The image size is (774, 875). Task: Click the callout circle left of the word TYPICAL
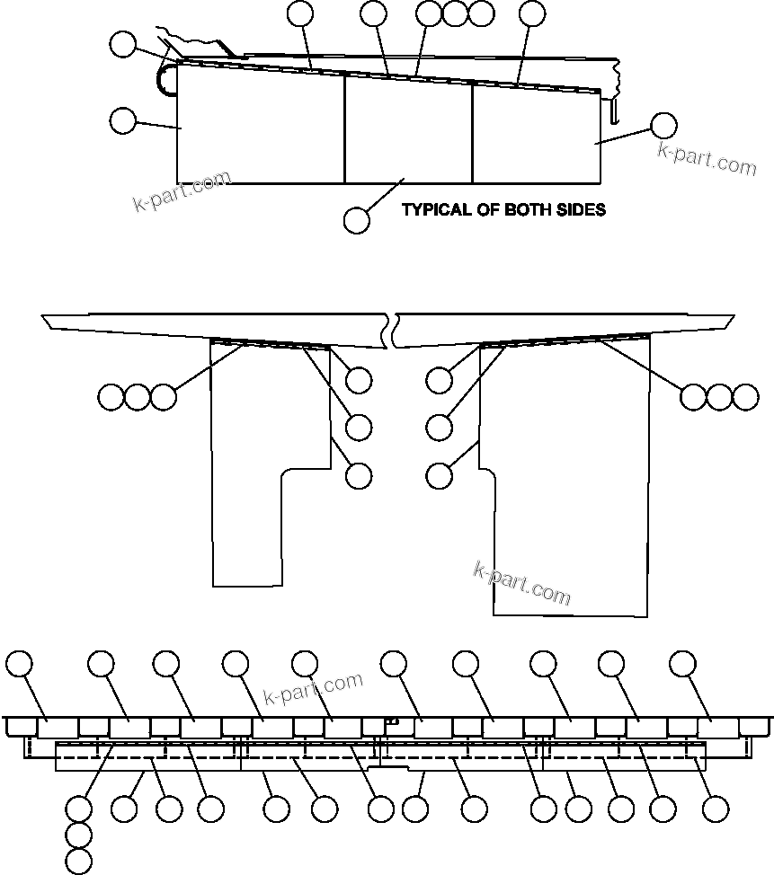(x=357, y=220)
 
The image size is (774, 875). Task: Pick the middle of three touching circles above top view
(x=456, y=13)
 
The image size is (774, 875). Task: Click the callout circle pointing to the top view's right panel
(x=663, y=126)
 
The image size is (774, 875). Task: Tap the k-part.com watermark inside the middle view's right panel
(x=521, y=584)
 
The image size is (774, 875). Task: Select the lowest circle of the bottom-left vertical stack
(x=79, y=862)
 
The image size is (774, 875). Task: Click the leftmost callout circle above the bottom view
(x=20, y=664)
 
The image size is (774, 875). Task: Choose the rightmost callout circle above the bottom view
(x=683, y=664)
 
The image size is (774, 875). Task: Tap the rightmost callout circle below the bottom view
(x=715, y=809)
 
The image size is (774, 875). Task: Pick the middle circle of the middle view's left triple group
(x=137, y=396)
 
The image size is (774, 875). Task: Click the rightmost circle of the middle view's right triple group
(x=745, y=396)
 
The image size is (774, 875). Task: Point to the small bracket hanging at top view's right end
(x=615, y=110)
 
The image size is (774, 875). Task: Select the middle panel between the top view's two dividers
(x=409, y=130)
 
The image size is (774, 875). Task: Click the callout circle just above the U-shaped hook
(x=122, y=44)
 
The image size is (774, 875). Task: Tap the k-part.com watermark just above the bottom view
(x=314, y=688)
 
